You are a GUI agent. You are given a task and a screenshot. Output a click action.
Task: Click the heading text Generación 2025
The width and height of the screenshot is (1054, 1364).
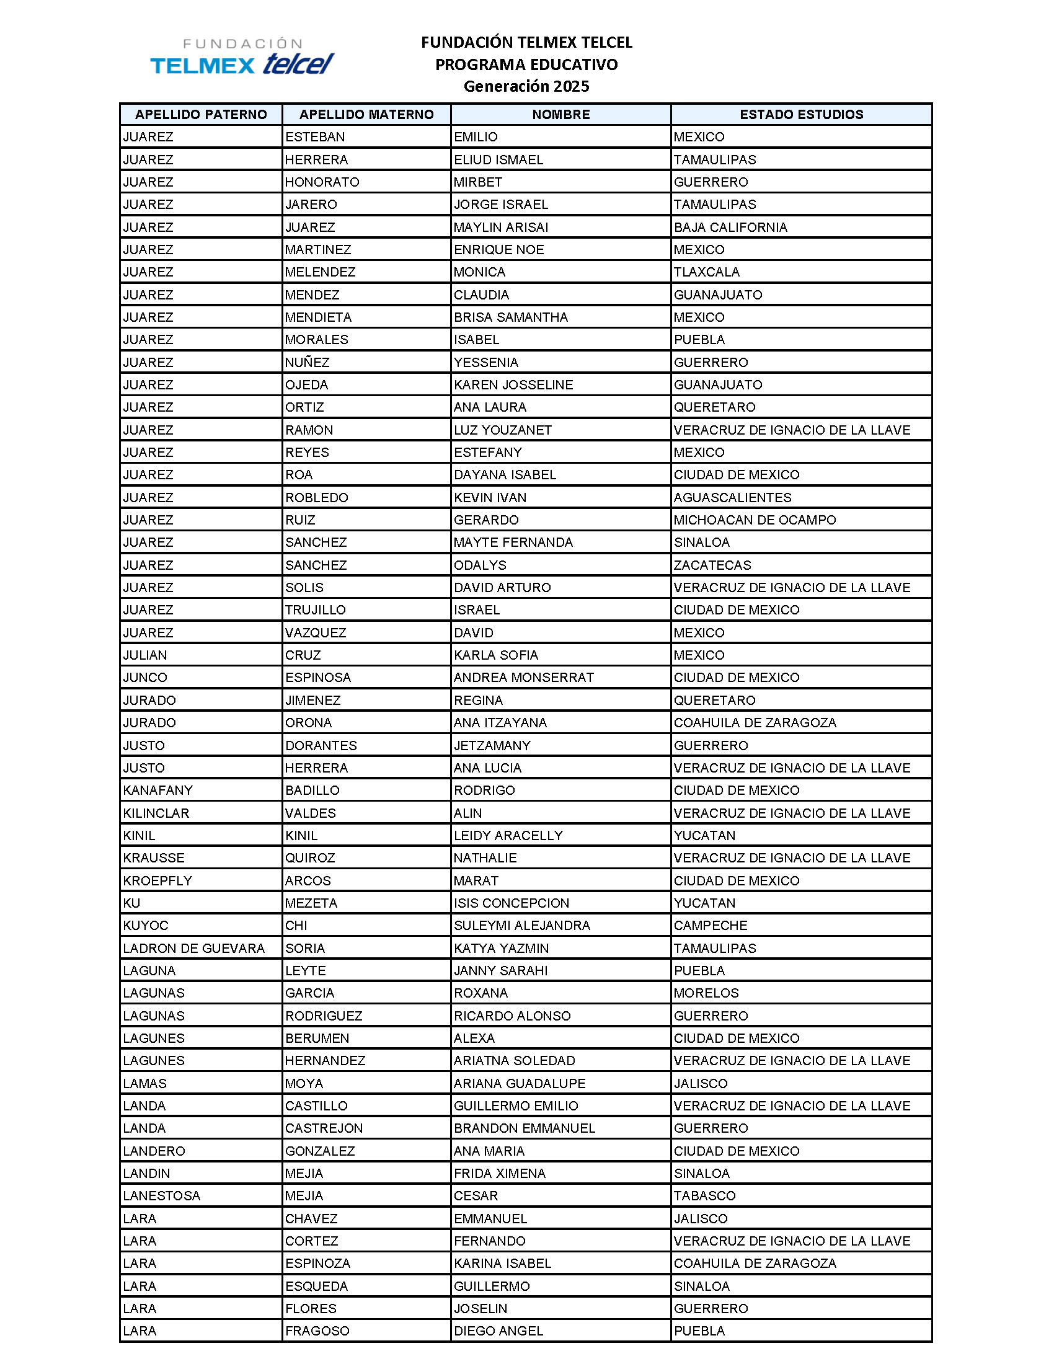[526, 86]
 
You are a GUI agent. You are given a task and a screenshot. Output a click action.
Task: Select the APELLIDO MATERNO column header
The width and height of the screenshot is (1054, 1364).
[366, 114]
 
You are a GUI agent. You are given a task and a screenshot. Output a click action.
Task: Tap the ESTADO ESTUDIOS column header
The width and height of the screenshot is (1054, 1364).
[801, 114]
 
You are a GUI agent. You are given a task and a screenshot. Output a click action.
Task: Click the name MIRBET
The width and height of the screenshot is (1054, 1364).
[477, 182]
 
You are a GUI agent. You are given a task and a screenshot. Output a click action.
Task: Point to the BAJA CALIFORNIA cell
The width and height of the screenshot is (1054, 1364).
[730, 228]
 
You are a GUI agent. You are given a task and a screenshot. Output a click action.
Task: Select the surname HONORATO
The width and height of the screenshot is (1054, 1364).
[322, 182]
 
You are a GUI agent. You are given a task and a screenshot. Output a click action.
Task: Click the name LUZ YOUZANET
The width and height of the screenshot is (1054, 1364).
[503, 430]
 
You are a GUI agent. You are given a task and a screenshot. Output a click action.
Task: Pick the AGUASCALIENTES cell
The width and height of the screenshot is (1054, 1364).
[732, 498]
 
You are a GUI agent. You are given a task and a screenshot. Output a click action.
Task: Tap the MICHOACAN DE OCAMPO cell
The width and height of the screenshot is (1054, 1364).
[755, 520]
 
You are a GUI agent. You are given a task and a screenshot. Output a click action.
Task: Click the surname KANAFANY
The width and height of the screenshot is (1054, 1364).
[158, 790]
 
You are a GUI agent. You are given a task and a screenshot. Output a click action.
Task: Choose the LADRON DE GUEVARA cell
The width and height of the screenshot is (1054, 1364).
[193, 949]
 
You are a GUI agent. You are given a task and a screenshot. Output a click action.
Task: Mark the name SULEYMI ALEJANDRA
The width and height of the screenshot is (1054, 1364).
[522, 926]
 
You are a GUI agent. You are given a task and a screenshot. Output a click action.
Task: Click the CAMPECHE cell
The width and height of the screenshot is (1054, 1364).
[711, 926]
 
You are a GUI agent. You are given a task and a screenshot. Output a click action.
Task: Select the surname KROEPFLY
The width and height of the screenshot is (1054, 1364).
[157, 881]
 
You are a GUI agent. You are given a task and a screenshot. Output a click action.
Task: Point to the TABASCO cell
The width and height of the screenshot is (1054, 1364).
[704, 1196]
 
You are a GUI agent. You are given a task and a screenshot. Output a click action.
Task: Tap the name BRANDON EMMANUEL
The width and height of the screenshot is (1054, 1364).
[525, 1128]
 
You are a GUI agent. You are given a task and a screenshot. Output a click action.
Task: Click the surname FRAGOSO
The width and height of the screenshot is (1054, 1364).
[317, 1331]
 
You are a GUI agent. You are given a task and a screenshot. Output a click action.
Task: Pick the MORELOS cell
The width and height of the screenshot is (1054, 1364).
[706, 993]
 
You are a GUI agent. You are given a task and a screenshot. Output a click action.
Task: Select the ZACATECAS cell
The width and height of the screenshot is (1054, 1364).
[712, 565]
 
